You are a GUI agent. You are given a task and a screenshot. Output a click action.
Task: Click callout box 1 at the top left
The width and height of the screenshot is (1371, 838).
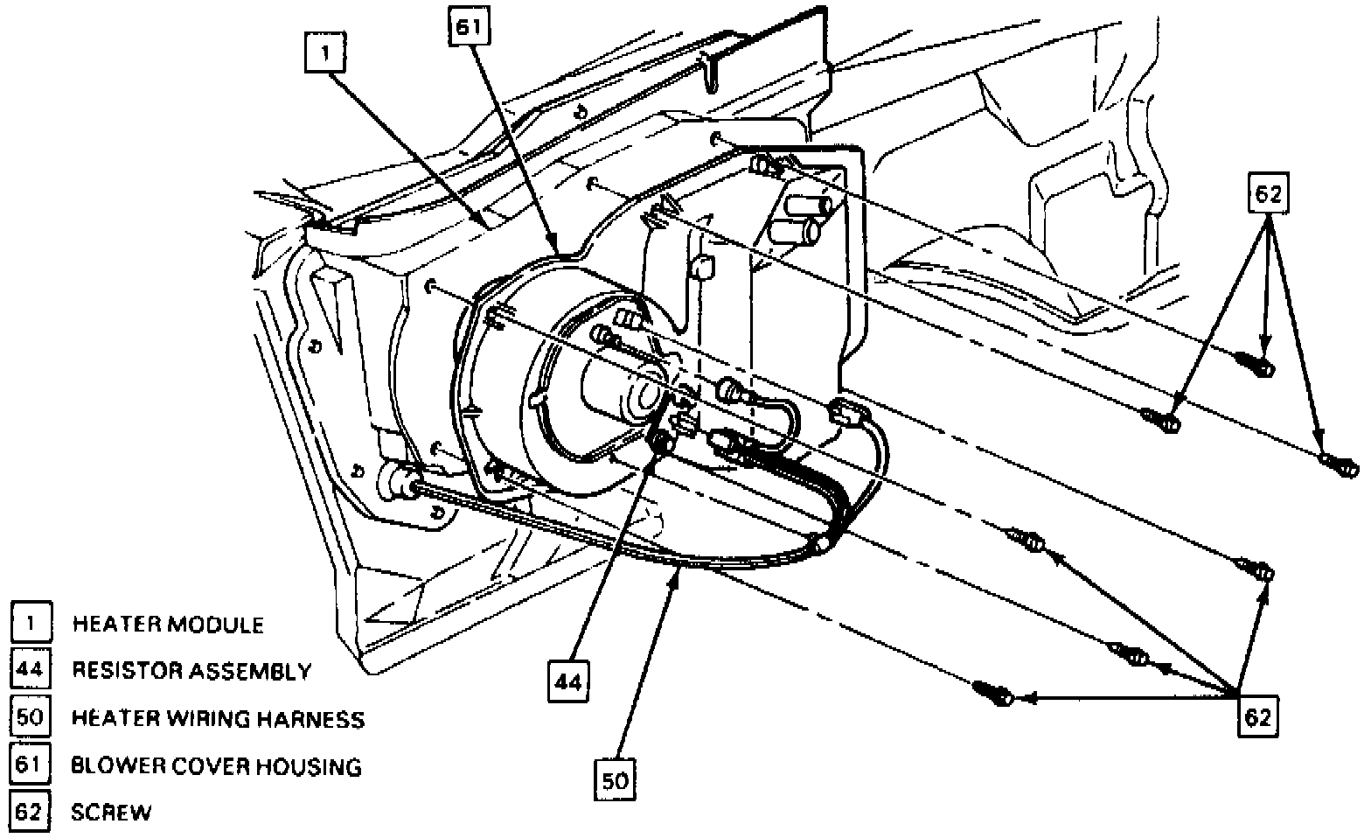click(325, 52)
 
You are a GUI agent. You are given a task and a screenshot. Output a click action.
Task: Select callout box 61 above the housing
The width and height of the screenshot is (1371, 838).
click(468, 26)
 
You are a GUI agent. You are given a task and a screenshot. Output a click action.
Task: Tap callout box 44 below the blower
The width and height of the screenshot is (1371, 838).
click(568, 681)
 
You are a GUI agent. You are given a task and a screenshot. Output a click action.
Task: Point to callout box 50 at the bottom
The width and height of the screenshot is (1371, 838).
click(616, 779)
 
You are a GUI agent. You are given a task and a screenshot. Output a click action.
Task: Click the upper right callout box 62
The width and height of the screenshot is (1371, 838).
click(1268, 194)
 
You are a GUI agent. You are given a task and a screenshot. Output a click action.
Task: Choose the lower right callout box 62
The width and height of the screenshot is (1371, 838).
click(1256, 717)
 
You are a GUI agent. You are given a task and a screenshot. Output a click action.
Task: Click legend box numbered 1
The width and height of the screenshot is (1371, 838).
click(31, 624)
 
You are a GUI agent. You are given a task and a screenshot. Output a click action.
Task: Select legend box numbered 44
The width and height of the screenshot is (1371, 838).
click(31, 671)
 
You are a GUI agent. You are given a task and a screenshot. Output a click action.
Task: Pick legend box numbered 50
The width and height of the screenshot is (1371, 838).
click(31, 718)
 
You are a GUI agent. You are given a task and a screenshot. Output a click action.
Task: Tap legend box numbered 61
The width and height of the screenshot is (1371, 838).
click(31, 765)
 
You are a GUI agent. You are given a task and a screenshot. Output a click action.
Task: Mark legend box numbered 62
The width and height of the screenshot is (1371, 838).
click(31, 812)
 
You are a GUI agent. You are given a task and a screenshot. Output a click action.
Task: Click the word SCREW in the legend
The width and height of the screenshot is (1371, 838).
click(111, 813)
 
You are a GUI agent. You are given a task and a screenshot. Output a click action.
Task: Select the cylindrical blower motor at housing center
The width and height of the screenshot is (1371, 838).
click(625, 391)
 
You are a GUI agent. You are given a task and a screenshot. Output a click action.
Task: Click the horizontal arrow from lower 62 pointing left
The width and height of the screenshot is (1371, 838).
click(1128, 698)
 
